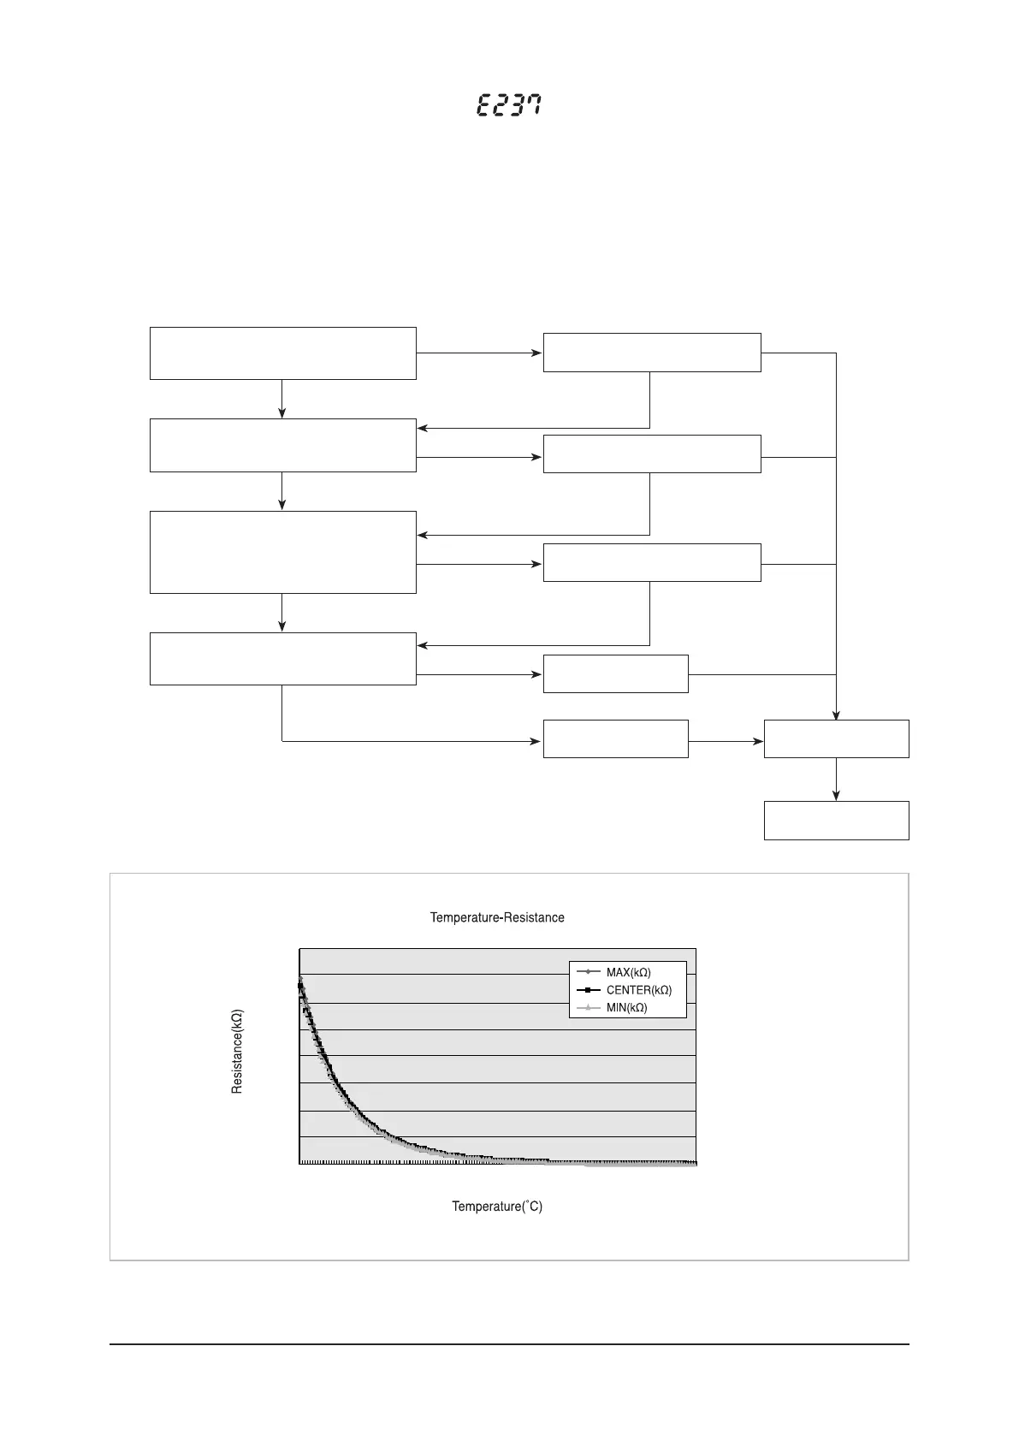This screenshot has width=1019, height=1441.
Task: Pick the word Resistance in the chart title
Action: [x=534, y=918]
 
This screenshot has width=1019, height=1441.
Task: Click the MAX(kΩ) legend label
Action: [x=628, y=973]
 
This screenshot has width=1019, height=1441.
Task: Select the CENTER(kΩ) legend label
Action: [x=638, y=991]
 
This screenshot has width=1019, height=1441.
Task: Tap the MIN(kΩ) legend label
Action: [x=626, y=1008]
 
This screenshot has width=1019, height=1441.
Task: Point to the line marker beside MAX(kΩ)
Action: [x=589, y=973]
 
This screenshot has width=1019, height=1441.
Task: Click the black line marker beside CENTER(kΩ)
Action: [x=589, y=991]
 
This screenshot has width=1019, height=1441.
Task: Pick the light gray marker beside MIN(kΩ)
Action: [x=589, y=1008]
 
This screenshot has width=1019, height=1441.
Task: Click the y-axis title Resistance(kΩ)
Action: [x=238, y=1051]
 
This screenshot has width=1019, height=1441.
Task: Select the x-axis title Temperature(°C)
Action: [x=497, y=1207]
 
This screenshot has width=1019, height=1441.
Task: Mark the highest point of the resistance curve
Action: [x=300, y=978]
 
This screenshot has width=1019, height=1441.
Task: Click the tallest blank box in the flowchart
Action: [x=282, y=552]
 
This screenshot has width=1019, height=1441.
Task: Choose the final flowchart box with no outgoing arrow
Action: [x=836, y=821]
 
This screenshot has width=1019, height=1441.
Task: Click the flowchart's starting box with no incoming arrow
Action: [x=282, y=353]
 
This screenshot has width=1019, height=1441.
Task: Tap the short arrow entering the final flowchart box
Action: [x=836, y=780]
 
